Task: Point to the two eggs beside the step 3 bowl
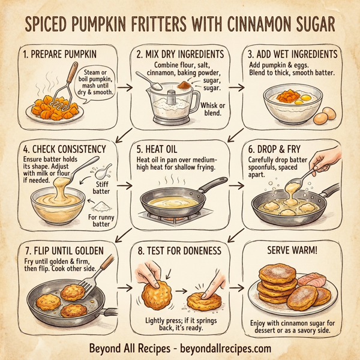pyautogui.click(x=324, y=115)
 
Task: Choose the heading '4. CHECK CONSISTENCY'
pyautogui.click(x=64, y=148)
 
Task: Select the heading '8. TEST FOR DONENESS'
pyautogui.click(x=178, y=250)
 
